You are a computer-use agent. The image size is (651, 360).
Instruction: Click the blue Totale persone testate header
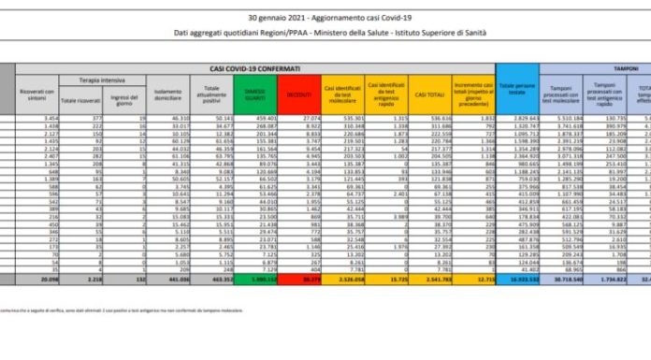[515, 92]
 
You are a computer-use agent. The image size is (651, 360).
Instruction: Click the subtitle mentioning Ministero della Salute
[325, 35]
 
